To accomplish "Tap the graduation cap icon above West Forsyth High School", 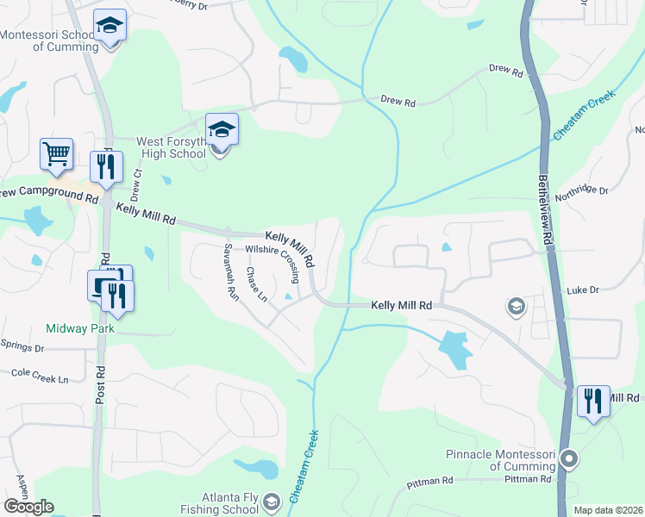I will click(x=222, y=130).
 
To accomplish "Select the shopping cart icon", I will click(x=56, y=154).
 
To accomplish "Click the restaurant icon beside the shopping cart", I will click(x=107, y=166).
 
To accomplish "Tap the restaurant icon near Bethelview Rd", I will click(x=593, y=402).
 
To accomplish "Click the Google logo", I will click(x=28, y=506).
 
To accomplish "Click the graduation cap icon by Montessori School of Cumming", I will click(x=110, y=26).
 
